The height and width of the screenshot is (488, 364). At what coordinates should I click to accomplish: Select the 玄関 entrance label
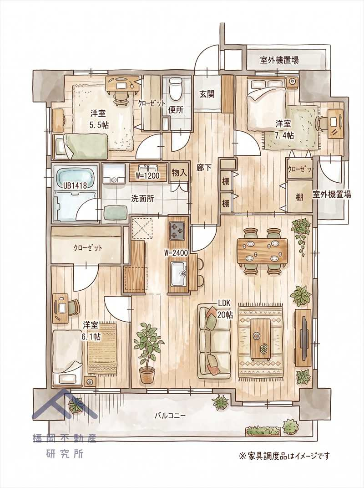pyautogui.click(x=207, y=94)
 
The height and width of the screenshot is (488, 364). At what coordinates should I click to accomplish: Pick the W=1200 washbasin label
pyautogui.click(x=148, y=176)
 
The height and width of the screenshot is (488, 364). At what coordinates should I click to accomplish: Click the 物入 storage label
pyautogui.click(x=179, y=173)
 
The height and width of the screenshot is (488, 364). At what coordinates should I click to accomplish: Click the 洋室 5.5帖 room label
pyautogui.click(x=99, y=120)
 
